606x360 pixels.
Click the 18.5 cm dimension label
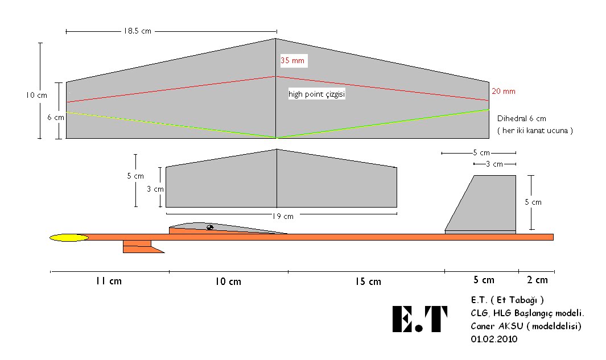click(x=137, y=31)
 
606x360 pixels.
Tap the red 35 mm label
click(x=292, y=60)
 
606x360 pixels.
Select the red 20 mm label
click(x=504, y=91)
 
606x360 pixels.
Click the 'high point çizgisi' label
click(x=317, y=94)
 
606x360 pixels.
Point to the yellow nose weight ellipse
click(x=69, y=238)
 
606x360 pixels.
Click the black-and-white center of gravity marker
click(x=210, y=227)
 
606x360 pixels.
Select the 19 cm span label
click(x=283, y=216)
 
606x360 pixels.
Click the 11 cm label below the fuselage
click(x=109, y=281)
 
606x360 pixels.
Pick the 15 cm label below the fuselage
click(x=368, y=282)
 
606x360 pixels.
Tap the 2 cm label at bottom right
click(x=537, y=280)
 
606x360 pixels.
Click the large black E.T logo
click(x=420, y=319)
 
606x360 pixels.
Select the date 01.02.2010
click(x=494, y=339)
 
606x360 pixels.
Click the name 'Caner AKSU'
click(x=497, y=326)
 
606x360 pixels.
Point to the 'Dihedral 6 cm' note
click(x=522, y=119)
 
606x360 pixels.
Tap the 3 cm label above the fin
click(x=494, y=164)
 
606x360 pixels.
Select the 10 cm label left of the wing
click(x=37, y=95)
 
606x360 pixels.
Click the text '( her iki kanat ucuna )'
click(x=535, y=131)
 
